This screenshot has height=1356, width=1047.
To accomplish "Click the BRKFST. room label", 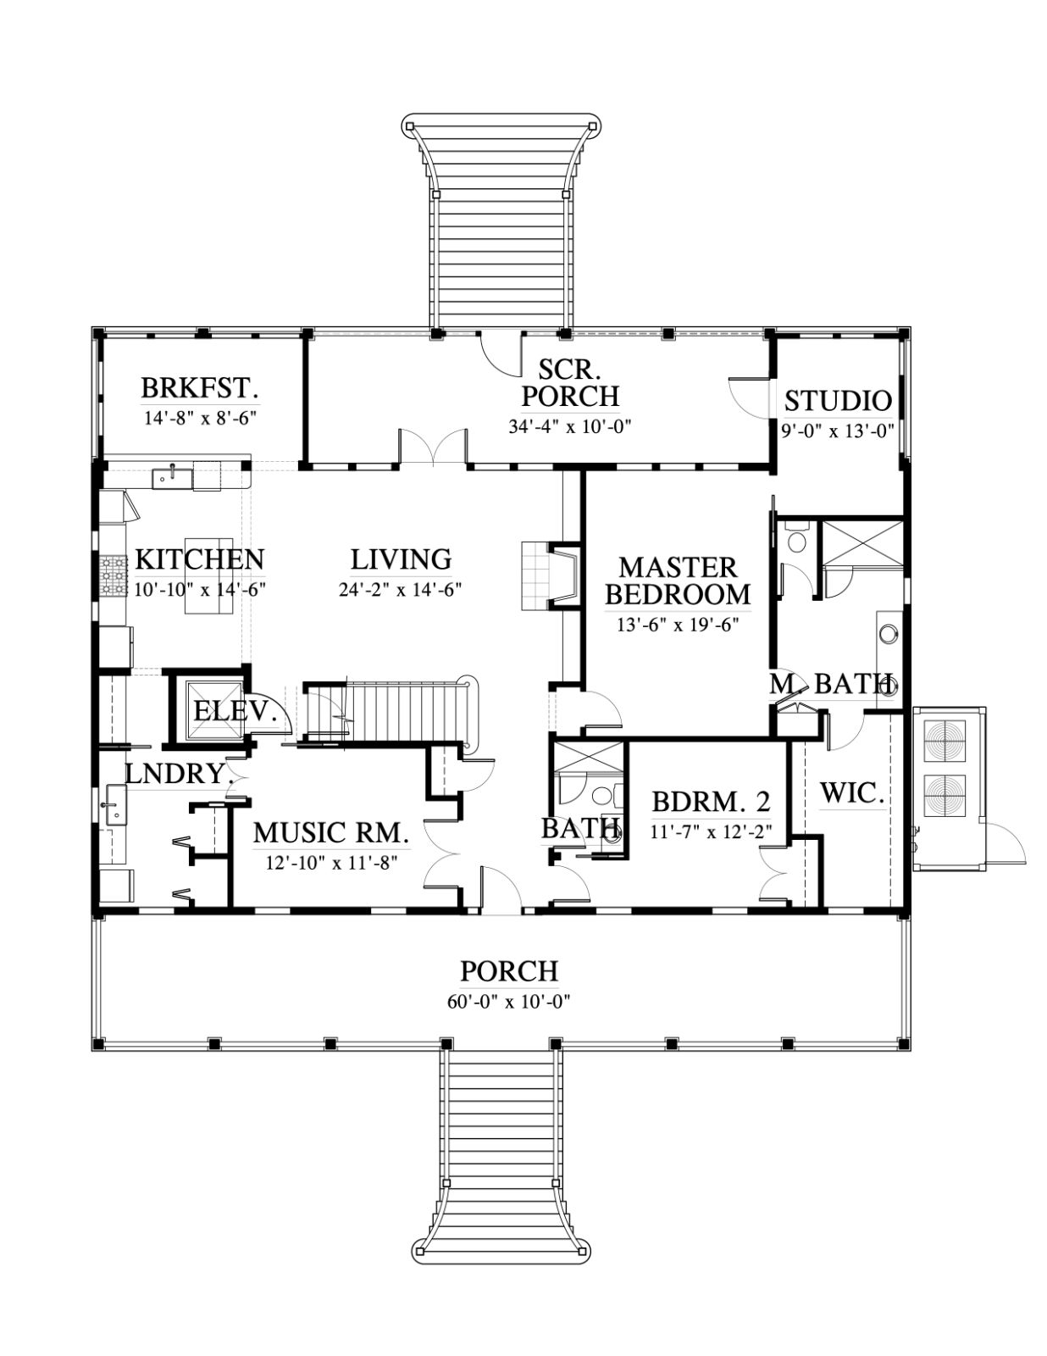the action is tap(200, 387).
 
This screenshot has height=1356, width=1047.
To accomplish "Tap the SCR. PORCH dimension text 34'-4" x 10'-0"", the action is tap(571, 427).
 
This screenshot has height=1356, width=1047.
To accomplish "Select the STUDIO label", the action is tap(838, 401).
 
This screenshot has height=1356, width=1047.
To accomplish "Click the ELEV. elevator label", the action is tap(235, 711).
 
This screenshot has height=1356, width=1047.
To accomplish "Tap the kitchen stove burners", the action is tap(113, 575).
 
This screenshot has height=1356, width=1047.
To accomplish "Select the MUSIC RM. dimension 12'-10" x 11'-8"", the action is tap(332, 863).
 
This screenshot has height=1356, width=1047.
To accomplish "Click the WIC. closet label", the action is tap(852, 793).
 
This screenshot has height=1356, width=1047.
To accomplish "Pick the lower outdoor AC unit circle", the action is tap(945, 796).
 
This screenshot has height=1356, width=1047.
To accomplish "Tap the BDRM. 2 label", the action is tap(711, 801).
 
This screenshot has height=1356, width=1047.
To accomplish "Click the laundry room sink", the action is tap(115, 806).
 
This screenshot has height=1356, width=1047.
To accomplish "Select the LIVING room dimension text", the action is tap(400, 590).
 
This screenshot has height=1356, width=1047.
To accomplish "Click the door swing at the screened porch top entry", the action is tap(499, 357).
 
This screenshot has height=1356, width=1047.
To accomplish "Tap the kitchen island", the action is tap(209, 576).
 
